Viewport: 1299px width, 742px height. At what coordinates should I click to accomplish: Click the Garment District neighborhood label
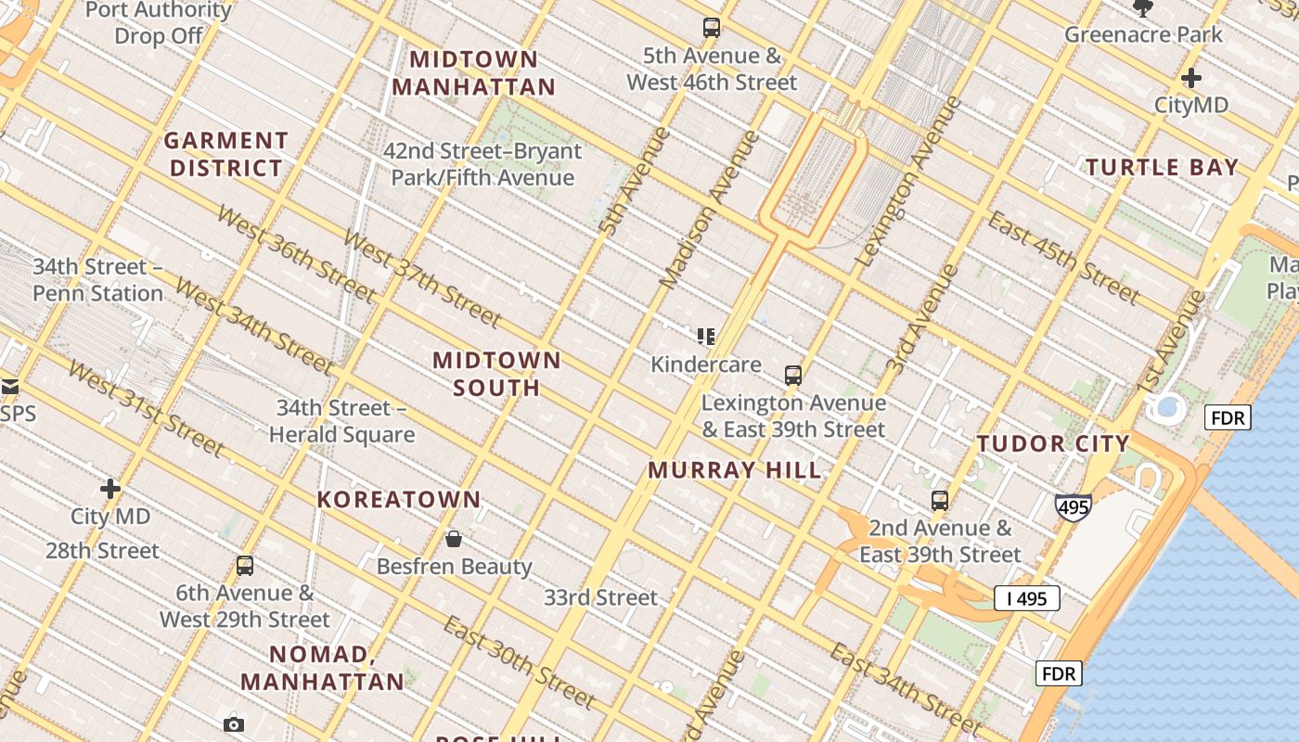[225, 154]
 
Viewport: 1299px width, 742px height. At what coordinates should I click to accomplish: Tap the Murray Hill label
[734, 470]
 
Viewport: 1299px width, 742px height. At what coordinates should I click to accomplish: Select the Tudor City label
[1052, 443]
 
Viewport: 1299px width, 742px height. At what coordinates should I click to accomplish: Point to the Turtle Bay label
[1162, 168]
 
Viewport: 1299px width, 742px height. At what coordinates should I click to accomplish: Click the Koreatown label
[399, 500]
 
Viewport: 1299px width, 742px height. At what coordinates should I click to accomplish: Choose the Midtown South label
[496, 374]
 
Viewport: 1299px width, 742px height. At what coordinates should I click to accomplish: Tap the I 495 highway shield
[1026, 599]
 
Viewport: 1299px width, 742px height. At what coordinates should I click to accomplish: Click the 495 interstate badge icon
[1073, 507]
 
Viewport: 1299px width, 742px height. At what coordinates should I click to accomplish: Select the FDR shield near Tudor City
[1228, 418]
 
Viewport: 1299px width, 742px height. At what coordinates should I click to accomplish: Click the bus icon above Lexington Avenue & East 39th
[792, 376]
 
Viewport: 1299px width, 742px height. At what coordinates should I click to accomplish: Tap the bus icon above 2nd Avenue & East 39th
[940, 501]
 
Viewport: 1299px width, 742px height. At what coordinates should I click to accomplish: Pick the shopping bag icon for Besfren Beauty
[454, 539]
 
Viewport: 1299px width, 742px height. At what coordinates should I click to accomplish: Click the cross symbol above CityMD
[1191, 78]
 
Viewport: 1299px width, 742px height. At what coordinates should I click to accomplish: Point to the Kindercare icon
[706, 336]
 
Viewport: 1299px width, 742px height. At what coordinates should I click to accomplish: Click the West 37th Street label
[421, 276]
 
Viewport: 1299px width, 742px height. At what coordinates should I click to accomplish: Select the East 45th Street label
[1062, 257]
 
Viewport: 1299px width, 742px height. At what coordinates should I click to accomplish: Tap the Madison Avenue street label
[709, 210]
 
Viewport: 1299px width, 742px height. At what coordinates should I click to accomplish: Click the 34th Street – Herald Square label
[341, 421]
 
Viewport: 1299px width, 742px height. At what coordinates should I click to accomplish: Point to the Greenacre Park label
[1143, 35]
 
